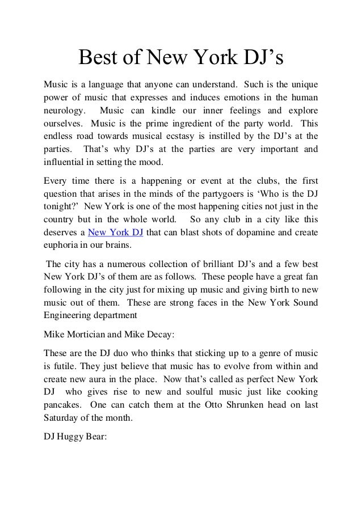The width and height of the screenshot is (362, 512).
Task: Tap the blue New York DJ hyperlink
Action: coord(116,232)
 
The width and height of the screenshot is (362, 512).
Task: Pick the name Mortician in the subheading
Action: coord(91,333)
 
